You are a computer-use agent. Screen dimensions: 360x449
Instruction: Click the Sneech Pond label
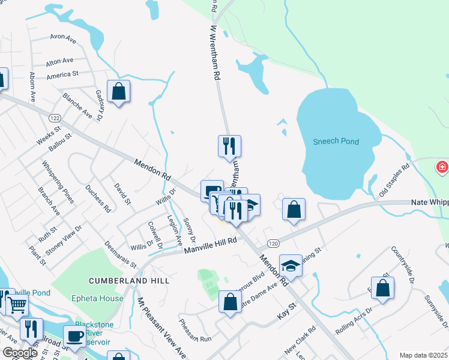pyautogui.click(x=336, y=142)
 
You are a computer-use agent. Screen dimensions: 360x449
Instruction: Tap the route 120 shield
pyautogui.click(x=273, y=243)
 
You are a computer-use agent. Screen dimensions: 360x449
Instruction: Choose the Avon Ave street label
pyautogui.click(x=63, y=40)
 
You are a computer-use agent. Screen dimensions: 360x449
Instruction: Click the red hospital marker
pyautogui.click(x=442, y=166)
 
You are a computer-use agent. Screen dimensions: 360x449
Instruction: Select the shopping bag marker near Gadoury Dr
pyautogui.click(x=119, y=92)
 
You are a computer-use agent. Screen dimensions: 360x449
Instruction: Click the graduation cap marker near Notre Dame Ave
pyautogui.click(x=291, y=266)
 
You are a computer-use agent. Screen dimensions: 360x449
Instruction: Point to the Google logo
pyautogui.click(x=20, y=353)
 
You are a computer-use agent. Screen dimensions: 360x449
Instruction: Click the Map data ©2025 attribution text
pyautogui.click(x=423, y=355)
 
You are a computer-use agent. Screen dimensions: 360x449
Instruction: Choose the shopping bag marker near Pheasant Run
pyautogui.click(x=230, y=302)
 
